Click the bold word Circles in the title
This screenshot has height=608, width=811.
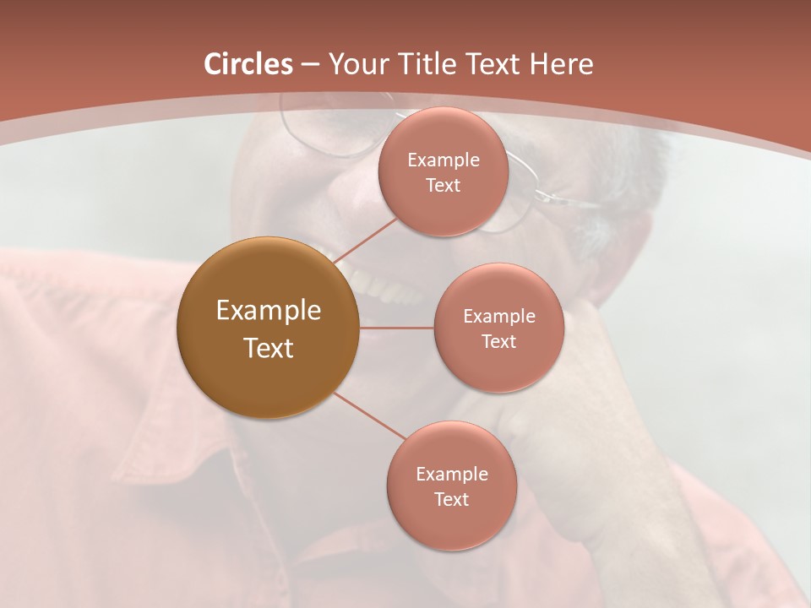click(x=248, y=64)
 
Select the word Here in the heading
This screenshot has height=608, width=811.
click(x=562, y=64)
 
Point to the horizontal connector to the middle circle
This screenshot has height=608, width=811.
click(x=396, y=328)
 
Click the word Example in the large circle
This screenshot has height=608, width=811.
click(x=269, y=311)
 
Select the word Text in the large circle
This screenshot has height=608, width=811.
click(x=269, y=348)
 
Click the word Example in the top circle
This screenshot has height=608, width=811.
click(x=444, y=160)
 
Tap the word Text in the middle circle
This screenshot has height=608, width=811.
click(x=499, y=341)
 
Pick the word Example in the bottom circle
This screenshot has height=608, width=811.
click(x=452, y=474)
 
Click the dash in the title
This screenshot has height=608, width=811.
click(x=310, y=65)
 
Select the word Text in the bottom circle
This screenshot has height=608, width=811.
click(x=452, y=499)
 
